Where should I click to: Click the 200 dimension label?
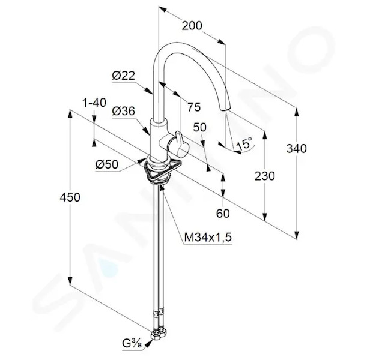tap(192, 25)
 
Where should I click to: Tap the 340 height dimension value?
tap(296, 149)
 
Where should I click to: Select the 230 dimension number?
tap(264, 176)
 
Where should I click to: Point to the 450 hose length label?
tap(70, 197)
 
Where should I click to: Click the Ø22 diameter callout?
tap(124, 76)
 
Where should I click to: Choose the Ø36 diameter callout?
tap(124, 111)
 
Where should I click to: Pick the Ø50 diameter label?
tap(107, 164)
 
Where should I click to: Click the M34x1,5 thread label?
tap(208, 238)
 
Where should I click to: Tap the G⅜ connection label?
tap(132, 344)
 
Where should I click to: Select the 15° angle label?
tap(244, 143)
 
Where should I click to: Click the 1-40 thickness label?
tap(94, 103)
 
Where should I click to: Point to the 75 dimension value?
tap(194, 107)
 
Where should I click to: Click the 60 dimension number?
tap(223, 213)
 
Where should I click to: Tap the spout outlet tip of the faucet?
tap(225, 110)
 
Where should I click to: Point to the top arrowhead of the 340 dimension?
tap(297, 113)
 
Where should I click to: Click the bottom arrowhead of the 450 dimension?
tap(70, 281)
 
